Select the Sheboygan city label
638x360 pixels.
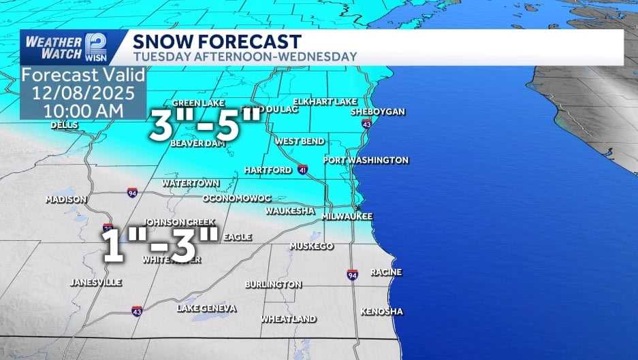coord(378,111)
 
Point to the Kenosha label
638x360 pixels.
coord(381,312)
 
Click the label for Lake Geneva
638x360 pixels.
coord(207,308)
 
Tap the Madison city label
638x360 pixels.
coord(66,199)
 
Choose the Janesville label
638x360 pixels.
coord(96,282)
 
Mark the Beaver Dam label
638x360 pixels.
coord(193,144)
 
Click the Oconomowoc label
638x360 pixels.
coord(237,198)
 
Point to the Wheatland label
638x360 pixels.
coord(288,318)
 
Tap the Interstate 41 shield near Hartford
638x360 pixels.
coord(302,169)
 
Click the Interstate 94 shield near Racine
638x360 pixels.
coord(352,274)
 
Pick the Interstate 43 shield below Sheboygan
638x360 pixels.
coord(367,125)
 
